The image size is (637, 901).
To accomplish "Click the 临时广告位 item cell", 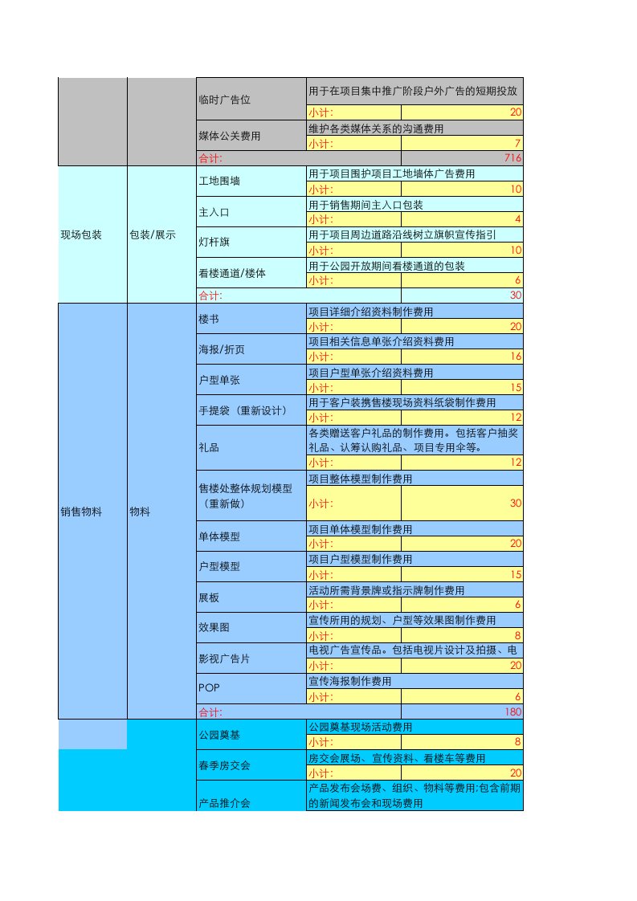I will point(224,100).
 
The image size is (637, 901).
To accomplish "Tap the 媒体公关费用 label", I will point(229,136).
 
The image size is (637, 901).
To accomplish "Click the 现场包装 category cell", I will point(81,235).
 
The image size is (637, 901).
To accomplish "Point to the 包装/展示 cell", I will point(152,235).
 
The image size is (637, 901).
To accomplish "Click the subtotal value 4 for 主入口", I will point(517,219).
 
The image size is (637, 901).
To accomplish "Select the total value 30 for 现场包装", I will point(516,296).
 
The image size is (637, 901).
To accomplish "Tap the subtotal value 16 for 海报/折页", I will point(516,356).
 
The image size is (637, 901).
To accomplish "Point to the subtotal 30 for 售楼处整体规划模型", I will point(515,503).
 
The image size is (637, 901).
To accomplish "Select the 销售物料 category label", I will point(81,512).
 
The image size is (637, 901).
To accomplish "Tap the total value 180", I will point(512,712).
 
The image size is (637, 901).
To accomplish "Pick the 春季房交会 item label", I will point(224,765).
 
